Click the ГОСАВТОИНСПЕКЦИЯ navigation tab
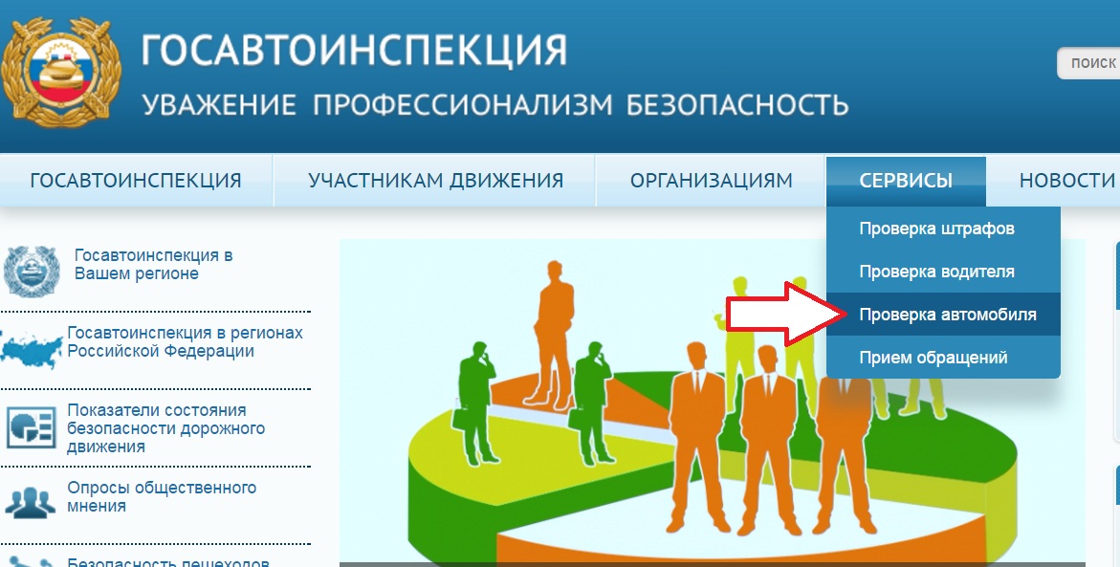coord(136,180)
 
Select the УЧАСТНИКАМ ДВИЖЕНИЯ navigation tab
coord(435,180)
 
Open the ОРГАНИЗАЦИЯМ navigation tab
coord(711,180)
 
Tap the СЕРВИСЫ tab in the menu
coord(906,180)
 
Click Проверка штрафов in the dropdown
coord(936,229)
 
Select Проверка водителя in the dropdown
coord(936,272)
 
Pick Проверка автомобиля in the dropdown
coord(947,315)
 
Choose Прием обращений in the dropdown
coord(933,357)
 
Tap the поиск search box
coord(1088,63)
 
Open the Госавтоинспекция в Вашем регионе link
coord(153,264)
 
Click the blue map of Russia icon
coord(32,348)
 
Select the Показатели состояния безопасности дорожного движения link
coord(165,428)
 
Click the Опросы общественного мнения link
coord(162,496)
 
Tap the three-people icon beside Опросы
coord(30,503)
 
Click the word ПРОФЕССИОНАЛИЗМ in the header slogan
coord(462,104)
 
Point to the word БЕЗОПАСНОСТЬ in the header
coord(737,104)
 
